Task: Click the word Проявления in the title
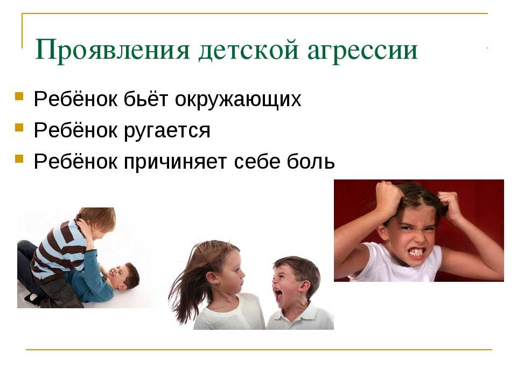(x=113, y=51)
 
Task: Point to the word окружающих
(x=237, y=99)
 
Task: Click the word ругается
(x=167, y=130)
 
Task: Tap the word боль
(x=311, y=161)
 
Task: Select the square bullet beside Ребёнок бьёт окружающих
(x=19, y=96)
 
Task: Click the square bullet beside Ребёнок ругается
(x=19, y=128)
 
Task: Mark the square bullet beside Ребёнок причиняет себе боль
(x=19, y=159)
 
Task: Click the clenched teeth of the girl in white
(x=416, y=252)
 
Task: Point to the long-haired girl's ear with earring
(x=216, y=280)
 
